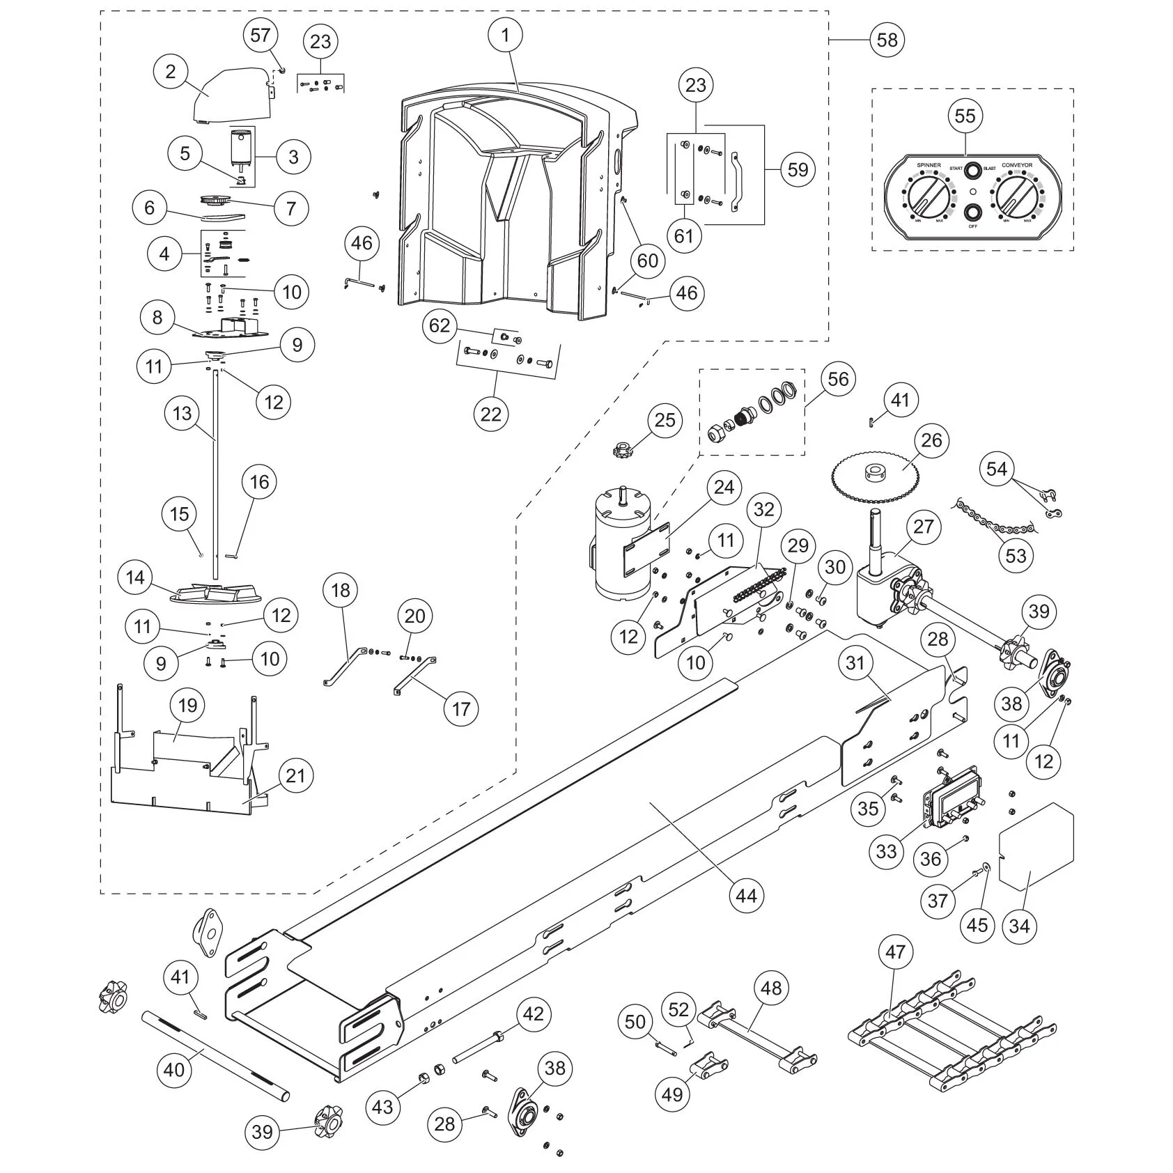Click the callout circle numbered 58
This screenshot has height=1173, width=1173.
pyautogui.click(x=887, y=40)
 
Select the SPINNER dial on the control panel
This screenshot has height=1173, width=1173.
pyautogui.click(x=924, y=196)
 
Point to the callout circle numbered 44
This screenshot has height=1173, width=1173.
pyautogui.click(x=746, y=896)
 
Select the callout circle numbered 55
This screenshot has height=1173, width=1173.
pyautogui.click(x=965, y=116)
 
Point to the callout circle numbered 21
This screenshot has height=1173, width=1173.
pyautogui.click(x=295, y=775)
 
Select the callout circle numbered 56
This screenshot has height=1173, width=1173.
pyautogui.click(x=838, y=378)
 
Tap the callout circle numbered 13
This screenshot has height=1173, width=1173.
pyautogui.click(x=182, y=414)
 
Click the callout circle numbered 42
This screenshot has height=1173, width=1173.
pyautogui.click(x=533, y=1013)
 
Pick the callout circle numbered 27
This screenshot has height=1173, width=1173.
pyautogui.click(x=923, y=526)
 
